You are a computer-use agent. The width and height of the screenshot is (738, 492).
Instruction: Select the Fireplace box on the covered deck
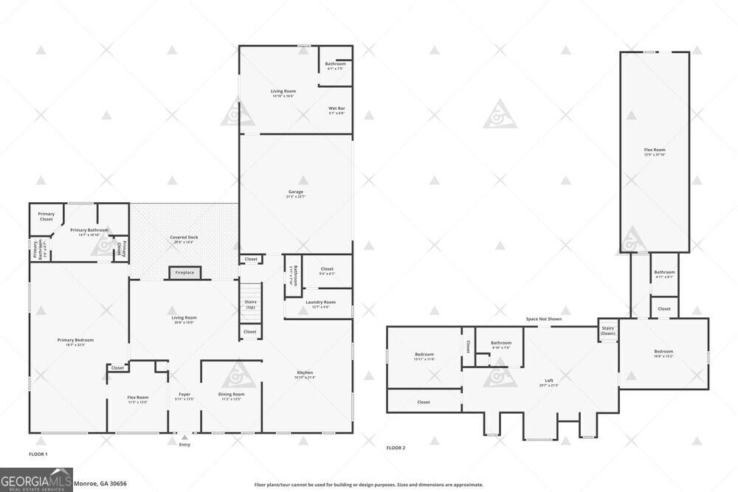[184, 273]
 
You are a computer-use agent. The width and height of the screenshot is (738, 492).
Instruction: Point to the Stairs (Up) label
[250, 304]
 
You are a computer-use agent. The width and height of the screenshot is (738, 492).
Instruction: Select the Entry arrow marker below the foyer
[184, 438]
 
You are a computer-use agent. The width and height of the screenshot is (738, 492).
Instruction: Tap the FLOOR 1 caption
[38, 454]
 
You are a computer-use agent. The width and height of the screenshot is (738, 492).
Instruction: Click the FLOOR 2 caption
[396, 447]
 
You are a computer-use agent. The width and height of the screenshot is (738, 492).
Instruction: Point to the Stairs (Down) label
[608, 330]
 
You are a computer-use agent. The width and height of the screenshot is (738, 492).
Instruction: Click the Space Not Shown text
[543, 319]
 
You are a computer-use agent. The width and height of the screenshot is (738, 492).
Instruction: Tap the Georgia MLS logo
[36, 479]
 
